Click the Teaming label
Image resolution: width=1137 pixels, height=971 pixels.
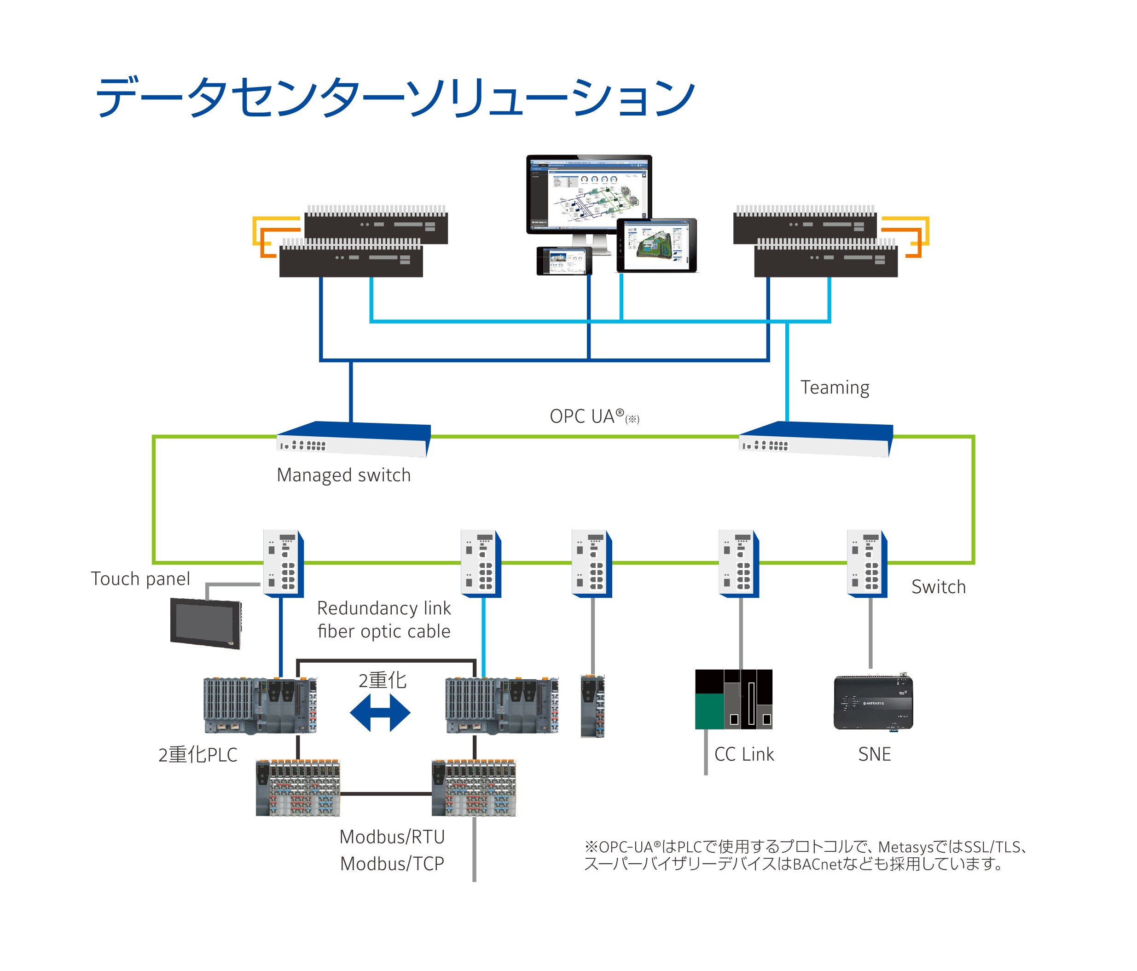(834, 388)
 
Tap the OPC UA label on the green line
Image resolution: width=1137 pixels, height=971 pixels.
(587, 416)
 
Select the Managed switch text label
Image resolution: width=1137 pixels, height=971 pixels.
(343, 475)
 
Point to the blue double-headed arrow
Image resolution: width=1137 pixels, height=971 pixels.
(380, 713)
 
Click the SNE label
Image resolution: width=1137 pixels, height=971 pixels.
(874, 754)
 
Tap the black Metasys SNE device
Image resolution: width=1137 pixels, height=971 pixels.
(873, 703)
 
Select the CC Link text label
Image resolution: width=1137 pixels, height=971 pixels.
(744, 754)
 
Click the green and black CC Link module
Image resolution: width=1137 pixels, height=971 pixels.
(733, 699)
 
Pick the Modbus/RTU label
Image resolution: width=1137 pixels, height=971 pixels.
(392, 837)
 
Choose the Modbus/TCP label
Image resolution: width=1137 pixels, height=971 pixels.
(392, 864)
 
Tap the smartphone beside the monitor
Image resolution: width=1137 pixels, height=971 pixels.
(564, 260)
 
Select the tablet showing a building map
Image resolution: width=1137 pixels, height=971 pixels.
(656, 245)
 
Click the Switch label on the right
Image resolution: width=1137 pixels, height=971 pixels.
(938, 587)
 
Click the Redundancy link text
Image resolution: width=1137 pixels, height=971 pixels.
(383, 608)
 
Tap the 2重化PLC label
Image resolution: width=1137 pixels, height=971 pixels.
(197, 755)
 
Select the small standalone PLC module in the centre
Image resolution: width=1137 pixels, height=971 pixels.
(592, 706)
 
